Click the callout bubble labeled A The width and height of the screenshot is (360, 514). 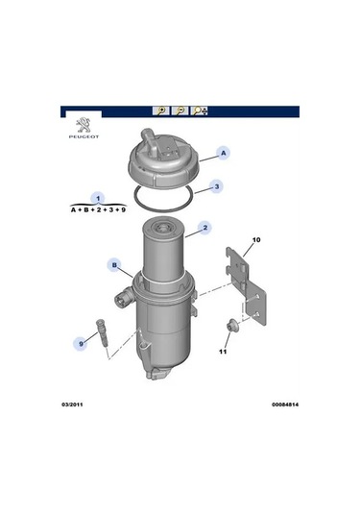[x=223, y=153]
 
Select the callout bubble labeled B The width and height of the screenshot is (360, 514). [x=113, y=264]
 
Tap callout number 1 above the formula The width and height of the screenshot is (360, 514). [x=98, y=197]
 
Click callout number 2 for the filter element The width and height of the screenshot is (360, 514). [x=204, y=229]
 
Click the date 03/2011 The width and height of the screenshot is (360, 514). [x=76, y=405]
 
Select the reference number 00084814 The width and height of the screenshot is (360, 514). [x=279, y=405]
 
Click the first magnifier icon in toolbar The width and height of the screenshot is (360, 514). [x=160, y=110]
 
